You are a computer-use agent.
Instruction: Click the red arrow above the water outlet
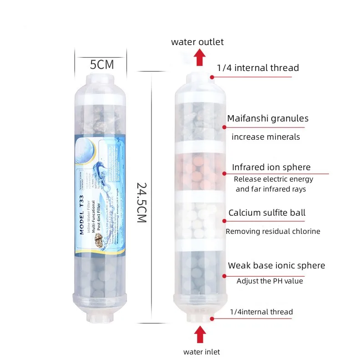(198, 58)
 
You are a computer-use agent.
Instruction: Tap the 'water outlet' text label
(197, 42)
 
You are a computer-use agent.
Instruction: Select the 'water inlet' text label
(202, 352)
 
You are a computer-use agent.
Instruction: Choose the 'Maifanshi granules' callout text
(268, 118)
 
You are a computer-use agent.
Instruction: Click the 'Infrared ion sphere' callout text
(271, 167)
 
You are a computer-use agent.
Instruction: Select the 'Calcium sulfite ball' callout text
(267, 212)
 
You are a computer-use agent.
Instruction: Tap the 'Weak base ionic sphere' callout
(276, 265)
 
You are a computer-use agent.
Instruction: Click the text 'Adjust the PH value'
(269, 281)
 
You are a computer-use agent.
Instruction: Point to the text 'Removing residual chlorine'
(273, 231)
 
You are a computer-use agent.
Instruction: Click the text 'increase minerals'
(266, 136)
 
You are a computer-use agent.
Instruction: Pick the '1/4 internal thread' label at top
(258, 68)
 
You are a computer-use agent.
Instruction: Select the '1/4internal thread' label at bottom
(261, 312)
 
